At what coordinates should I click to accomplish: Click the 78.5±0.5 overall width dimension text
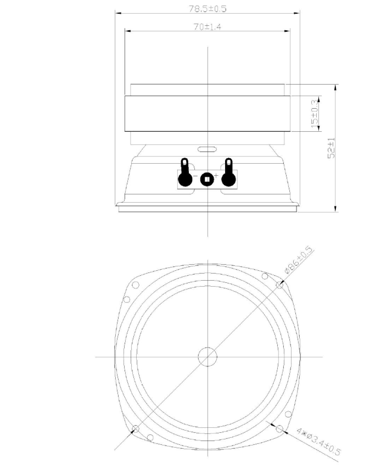tap(208, 8)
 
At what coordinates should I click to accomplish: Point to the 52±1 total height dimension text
tap(331, 148)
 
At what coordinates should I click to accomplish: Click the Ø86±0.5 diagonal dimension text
tap(298, 260)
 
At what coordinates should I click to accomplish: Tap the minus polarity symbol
tap(196, 176)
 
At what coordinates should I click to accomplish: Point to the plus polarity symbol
tap(216, 175)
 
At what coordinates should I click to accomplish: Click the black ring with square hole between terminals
tap(207, 179)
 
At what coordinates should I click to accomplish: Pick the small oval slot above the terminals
tap(207, 149)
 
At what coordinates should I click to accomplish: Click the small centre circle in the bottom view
tap(208, 356)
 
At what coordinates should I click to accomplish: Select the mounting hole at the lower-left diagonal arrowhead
tap(136, 428)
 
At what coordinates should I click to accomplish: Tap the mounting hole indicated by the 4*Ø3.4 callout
tap(279, 428)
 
